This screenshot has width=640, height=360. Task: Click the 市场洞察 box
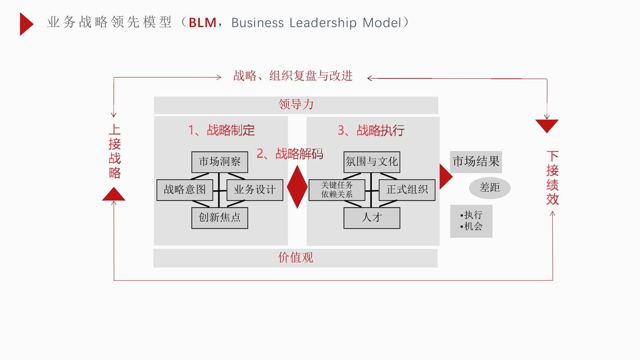(x=220, y=162)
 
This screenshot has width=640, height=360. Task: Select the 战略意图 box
(x=185, y=190)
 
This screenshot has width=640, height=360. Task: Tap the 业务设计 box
(x=255, y=190)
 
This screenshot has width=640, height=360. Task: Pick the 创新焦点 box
(x=220, y=218)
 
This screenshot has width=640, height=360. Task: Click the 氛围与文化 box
(x=372, y=162)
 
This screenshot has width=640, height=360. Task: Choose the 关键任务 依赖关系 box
(x=337, y=190)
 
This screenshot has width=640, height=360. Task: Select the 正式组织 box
(x=407, y=190)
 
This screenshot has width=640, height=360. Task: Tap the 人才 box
(x=372, y=218)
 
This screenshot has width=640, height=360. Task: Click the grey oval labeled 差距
(x=490, y=188)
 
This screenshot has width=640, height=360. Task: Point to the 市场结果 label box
(x=476, y=162)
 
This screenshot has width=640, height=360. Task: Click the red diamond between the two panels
(x=297, y=187)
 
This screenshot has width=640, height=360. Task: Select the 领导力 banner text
(x=296, y=105)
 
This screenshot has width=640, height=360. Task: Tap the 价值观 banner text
(x=296, y=258)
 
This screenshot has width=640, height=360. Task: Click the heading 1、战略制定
(x=221, y=130)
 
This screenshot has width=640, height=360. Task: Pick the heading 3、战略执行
(x=371, y=130)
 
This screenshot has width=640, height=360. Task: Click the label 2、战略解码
(x=290, y=154)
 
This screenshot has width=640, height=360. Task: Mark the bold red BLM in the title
(x=203, y=22)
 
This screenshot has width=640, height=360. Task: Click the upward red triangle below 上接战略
(x=113, y=195)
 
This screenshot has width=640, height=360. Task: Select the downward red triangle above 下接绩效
(x=547, y=126)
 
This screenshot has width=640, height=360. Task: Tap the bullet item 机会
(x=473, y=226)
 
